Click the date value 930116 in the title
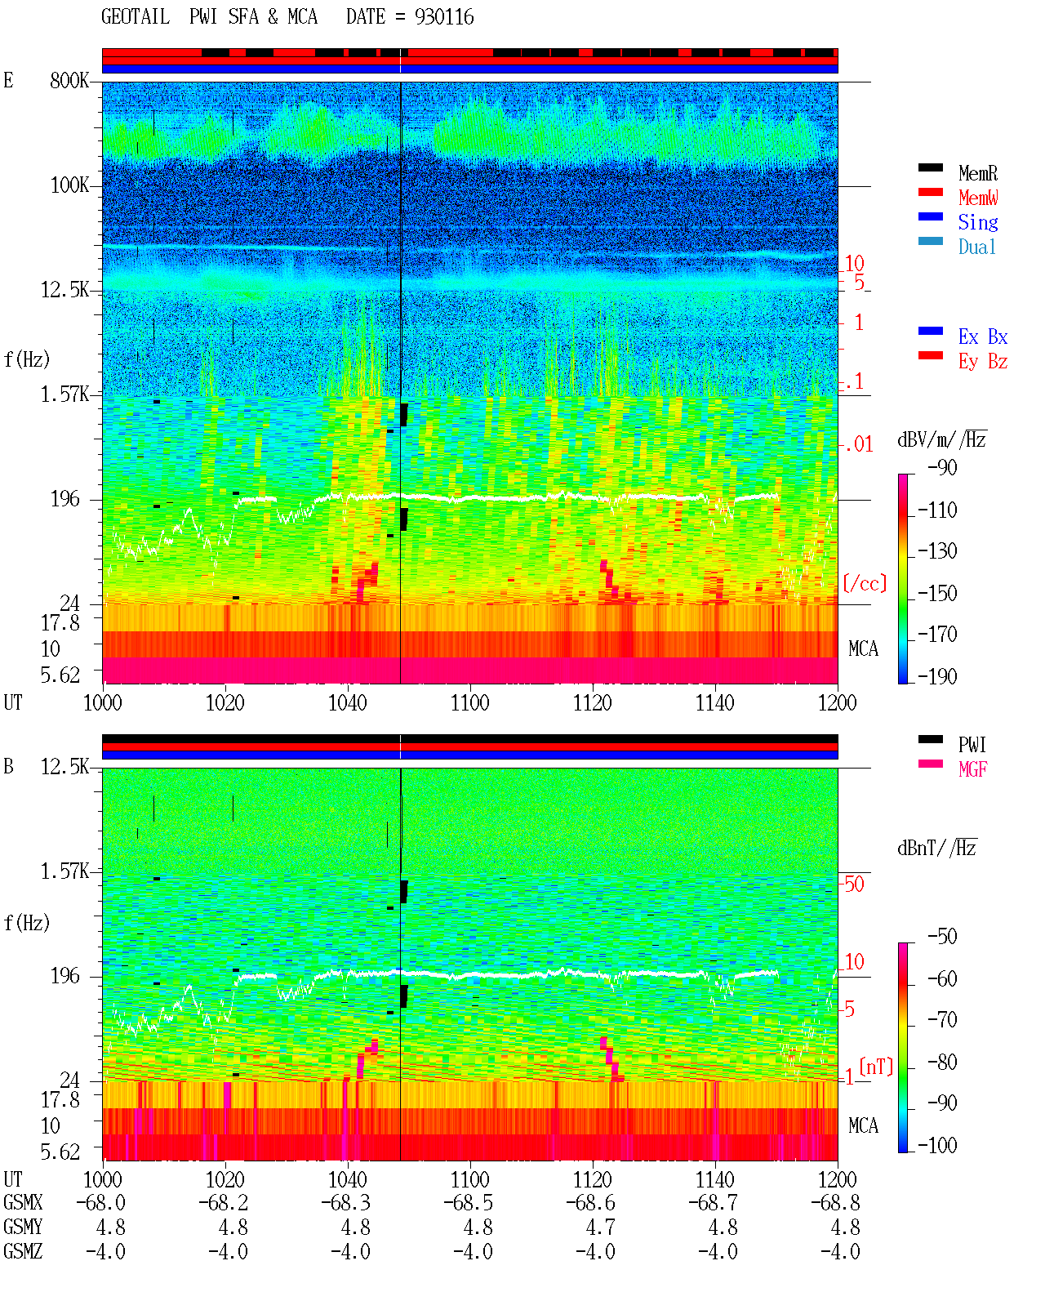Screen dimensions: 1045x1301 coord(444,17)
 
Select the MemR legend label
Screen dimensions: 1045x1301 coord(977,173)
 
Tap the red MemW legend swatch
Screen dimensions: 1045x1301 coord(930,192)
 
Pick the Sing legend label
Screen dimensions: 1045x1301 coord(977,222)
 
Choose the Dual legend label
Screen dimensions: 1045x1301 coord(976,247)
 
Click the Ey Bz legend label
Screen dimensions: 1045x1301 coord(982,361)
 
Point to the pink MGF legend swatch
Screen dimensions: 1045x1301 coord(930,764)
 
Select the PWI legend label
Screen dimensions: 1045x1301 coord(972,744)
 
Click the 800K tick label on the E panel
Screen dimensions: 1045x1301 coord(69,80)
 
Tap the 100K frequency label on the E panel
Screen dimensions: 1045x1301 coord(69,185)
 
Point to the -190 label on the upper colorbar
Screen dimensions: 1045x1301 coord(937,676)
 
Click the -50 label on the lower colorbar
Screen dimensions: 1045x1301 coord(942,937)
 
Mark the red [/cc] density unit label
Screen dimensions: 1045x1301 coord(865,583)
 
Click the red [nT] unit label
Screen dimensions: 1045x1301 coord(876,1067)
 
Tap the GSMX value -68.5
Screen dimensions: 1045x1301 coord(469,1203)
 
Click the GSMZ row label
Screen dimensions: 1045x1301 coord(23,1251)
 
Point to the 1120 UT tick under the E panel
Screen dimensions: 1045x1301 coord(593,703)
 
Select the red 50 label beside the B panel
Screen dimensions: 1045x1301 coord(854,884)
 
